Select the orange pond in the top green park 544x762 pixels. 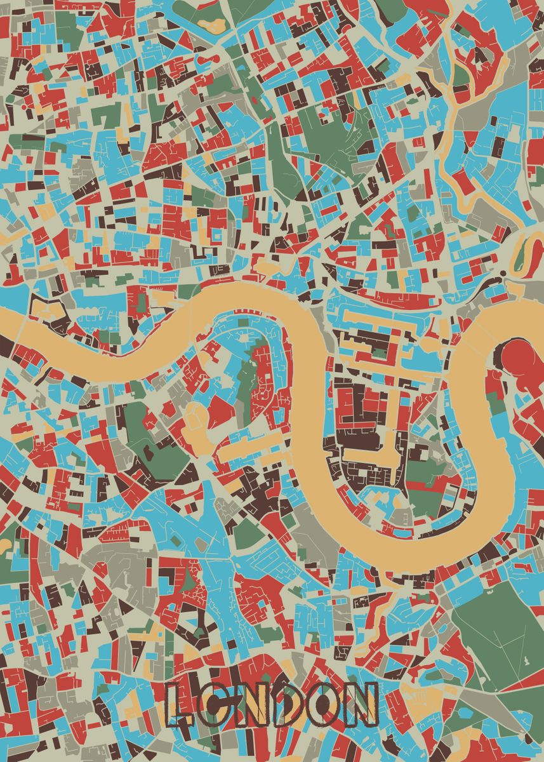point(213,25)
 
